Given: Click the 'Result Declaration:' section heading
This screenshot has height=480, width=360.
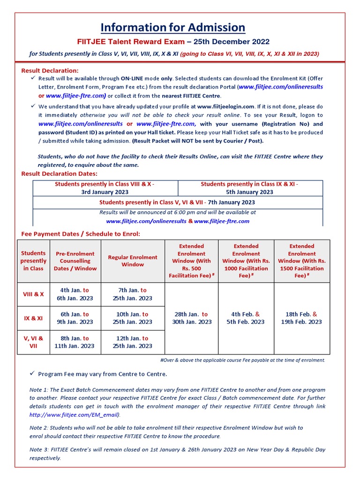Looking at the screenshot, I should [50, 70].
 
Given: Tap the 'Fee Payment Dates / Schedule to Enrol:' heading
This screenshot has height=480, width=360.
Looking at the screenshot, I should [81, 233].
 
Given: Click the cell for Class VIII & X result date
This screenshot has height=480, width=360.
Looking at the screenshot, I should [105, 188].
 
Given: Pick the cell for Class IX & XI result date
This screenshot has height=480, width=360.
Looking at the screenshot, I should [250, 188].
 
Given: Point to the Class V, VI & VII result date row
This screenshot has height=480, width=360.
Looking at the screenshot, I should [177, 202].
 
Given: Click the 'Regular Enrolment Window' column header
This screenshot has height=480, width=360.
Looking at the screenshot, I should [133, 261].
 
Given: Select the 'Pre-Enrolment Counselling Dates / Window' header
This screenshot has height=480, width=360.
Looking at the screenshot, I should [75, 261].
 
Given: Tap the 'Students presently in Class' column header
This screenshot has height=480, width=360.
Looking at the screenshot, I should [34, 261].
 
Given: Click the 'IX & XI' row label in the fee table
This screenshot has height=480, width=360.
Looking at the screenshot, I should [33, 318].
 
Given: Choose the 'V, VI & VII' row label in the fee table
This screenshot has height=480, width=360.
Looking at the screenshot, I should [33, 342].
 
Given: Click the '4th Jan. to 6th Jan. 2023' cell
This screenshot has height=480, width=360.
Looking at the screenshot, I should [75, 294].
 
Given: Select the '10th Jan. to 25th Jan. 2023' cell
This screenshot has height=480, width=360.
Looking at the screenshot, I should [133, 318].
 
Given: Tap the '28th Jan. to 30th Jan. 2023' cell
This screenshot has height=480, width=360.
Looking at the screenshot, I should [191, 318].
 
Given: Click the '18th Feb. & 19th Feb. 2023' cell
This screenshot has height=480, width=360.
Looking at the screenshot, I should [302, 318].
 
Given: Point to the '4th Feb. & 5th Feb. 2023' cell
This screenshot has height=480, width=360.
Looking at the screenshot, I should [246, 318].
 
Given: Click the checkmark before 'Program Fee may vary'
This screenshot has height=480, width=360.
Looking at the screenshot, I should [32, 374].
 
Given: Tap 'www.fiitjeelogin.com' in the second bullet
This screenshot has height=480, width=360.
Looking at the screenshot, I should [225, 106].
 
